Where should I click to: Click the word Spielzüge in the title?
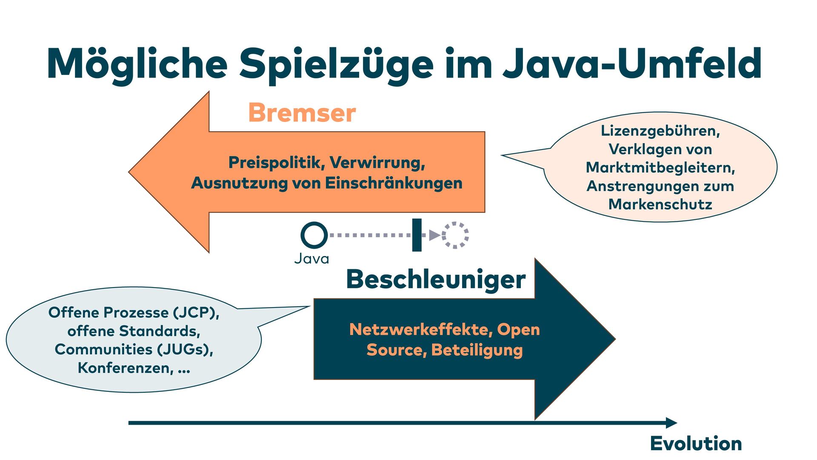coord(336,64)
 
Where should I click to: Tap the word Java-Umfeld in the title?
coord(632,64)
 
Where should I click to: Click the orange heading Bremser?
coord(302,113)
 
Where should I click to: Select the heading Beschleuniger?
coord(436,279)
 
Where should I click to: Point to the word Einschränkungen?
coord(394,183)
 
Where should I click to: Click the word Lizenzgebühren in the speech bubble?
coord(660,131)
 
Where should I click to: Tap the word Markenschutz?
coord(660,204)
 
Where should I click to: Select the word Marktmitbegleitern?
coord(660,167)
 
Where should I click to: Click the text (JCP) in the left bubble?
coord(196,313)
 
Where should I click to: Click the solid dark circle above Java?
coord(314,235)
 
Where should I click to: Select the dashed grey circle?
coord(455,235)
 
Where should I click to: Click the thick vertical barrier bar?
coord(417,235)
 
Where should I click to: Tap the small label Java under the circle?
coord(311,259)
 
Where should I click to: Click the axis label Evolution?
coord(696,444)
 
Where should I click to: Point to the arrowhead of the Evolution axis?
coord(671,423)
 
